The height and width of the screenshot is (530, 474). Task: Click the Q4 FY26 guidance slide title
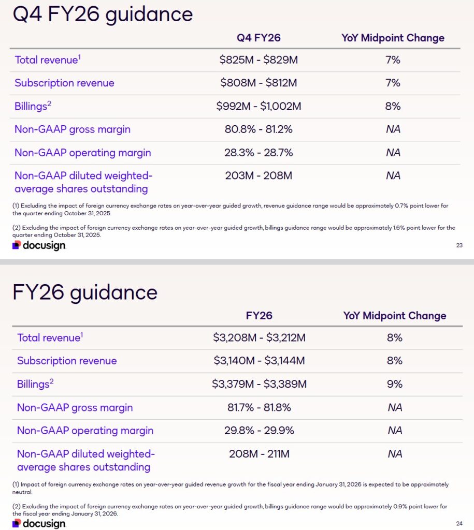click(103, 14)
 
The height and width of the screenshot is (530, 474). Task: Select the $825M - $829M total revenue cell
click(258, 60)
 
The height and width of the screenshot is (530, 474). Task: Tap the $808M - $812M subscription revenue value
click(258, 83)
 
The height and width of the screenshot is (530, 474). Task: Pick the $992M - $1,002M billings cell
click(258, 106)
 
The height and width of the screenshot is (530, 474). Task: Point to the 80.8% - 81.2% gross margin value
click(258, 129)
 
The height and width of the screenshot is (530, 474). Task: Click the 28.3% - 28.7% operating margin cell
click(258, 153)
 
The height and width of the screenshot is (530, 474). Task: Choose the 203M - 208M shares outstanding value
click(258, 175)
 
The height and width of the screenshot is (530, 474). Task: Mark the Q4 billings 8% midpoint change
click(393, 106)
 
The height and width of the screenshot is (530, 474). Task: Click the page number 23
click(459, 245)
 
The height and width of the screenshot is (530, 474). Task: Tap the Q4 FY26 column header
click(258, 38)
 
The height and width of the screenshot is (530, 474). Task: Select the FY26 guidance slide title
click(85, 292)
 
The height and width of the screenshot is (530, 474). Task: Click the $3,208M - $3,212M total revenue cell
click(259, 337)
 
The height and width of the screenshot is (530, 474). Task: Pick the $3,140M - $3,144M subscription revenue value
click(259, 361)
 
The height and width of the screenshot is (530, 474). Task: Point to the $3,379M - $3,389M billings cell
click(259, 384)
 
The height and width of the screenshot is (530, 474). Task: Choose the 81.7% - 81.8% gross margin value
click(259, 407)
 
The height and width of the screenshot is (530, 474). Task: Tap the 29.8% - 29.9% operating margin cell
click(259, 431)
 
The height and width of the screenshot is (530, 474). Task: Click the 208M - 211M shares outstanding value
click(259, 454)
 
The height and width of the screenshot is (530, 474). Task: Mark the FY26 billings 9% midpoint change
click(395, 384)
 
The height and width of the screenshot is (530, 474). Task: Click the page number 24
click(459, 523)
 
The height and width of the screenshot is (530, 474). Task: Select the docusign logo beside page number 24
click(39, 523)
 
